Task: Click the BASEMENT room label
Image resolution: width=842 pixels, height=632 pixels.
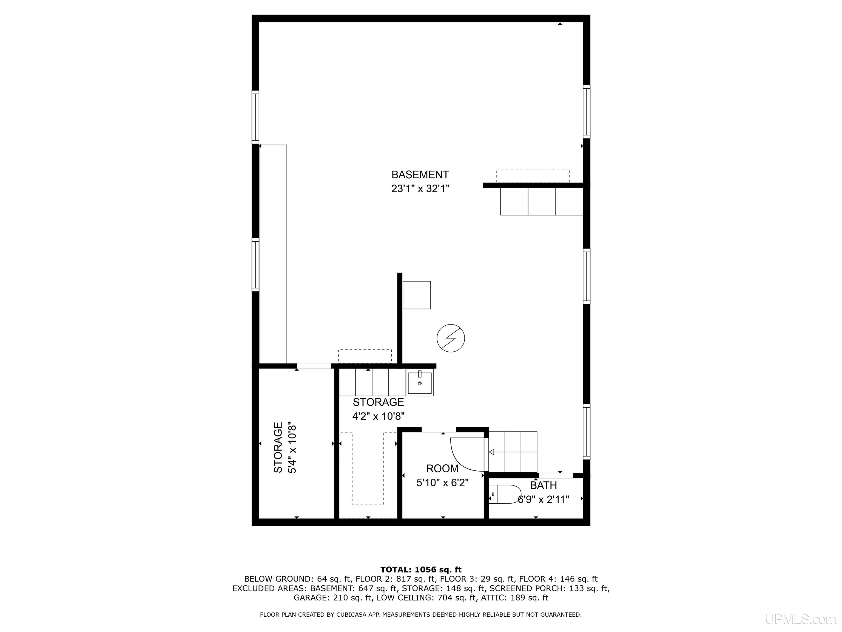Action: (x=420, y=175)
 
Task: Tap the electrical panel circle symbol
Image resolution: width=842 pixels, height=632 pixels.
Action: (x=451, y=338)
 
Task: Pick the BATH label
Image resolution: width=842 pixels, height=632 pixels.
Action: (x=544, y=486)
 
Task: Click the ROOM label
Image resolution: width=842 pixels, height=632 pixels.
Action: (x=442, y=469)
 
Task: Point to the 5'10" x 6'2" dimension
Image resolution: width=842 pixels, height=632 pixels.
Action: (x=442, y=483)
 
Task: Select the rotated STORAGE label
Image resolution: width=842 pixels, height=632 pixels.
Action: (x=278, y=448)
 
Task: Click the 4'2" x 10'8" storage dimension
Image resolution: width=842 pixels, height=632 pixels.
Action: (x=378, y=417)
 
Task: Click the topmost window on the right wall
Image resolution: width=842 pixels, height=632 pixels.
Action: (x=587, y=112)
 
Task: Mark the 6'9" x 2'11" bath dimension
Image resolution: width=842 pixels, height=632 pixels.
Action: (x=544, y=500)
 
